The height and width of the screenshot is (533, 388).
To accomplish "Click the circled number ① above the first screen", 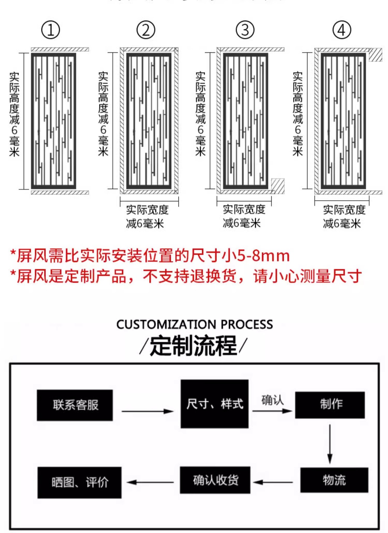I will (51, 30).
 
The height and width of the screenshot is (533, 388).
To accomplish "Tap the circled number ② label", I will (146, 30).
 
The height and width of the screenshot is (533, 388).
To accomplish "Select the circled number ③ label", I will (245, 30).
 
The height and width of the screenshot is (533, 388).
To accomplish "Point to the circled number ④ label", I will (342, 30).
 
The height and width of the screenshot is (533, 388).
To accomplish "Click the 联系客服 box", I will (75, 405).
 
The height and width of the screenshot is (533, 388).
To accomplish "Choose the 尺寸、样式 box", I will (214, 404).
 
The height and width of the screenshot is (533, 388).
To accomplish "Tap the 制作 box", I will (330, 405).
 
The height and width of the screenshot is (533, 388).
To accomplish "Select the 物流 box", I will (334, 480).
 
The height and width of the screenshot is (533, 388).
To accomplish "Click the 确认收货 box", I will (215, 480).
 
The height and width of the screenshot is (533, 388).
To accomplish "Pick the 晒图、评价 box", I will (80, 482).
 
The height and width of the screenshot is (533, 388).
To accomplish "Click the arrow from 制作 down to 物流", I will (330, 444).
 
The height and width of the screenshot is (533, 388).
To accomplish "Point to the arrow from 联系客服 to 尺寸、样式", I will (147, 411).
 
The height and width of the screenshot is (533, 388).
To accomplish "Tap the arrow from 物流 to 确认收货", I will (273, 482).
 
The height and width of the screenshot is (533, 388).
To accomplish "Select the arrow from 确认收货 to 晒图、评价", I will (150, 482).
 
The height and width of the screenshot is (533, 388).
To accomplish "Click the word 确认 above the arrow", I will (272, 400).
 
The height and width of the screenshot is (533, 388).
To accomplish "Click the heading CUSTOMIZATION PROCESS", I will (194, 325).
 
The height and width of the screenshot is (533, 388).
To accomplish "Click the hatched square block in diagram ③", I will (278, 186).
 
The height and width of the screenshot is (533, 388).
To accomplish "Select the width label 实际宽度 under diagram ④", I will (344, 210).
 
